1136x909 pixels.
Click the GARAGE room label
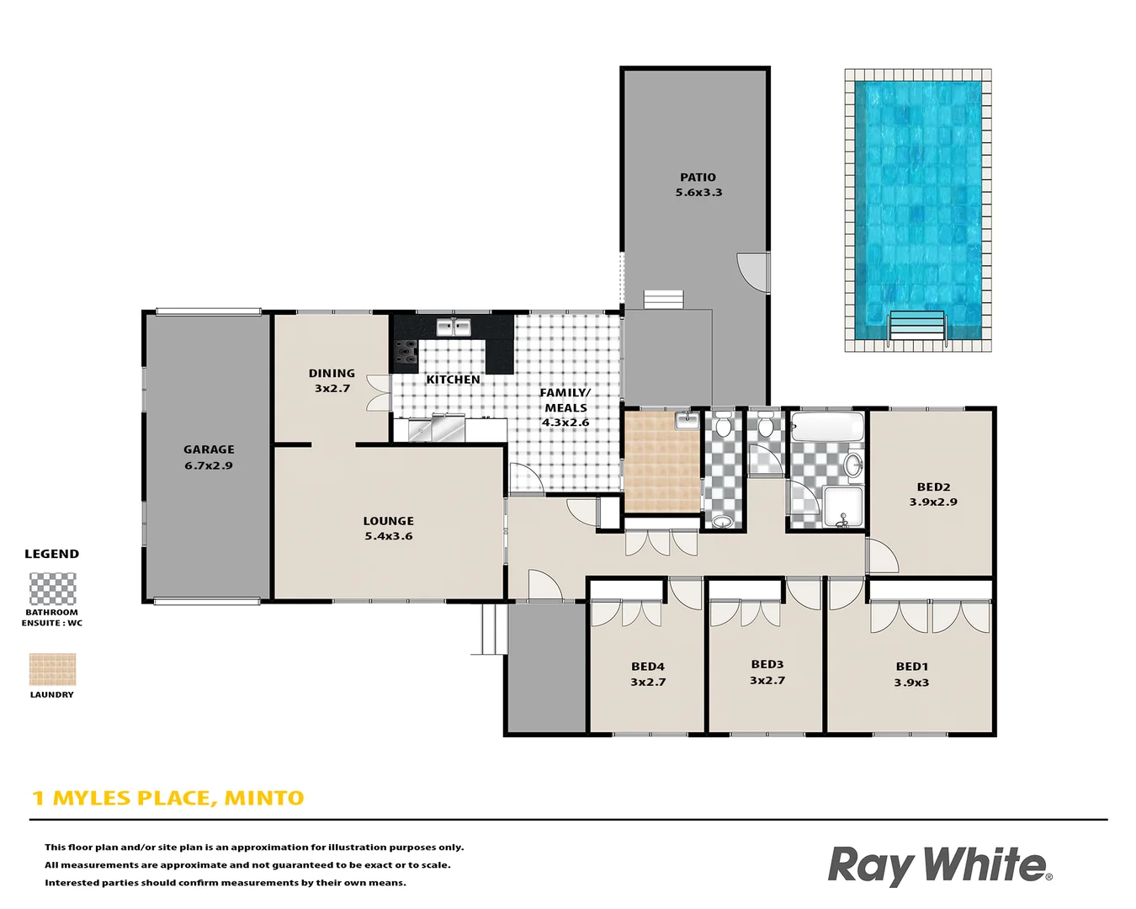point(209,449)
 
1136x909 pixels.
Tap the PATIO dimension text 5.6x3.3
point(698,193)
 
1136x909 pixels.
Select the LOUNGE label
point(388,521)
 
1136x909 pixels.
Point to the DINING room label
point(332,373)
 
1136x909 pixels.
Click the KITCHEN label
point(453,380)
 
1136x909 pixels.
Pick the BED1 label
point(911,667)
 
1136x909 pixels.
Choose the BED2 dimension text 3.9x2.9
point(933,502)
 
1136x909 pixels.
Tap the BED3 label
point(767,665)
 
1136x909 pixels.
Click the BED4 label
point(648,667)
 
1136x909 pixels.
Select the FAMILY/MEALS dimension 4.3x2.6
point(565,423)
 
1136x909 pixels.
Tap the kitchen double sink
point(454,327)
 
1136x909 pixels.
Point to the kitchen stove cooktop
point(406,352)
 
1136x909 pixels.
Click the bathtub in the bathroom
point(827,427)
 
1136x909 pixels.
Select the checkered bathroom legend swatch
point(52,589)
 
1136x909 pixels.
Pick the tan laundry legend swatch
point(52,670)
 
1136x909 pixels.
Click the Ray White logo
point(939,866)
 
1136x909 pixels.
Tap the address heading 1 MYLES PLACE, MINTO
point(168,798)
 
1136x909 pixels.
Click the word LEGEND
point(51,554)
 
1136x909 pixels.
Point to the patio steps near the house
point(664,300)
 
